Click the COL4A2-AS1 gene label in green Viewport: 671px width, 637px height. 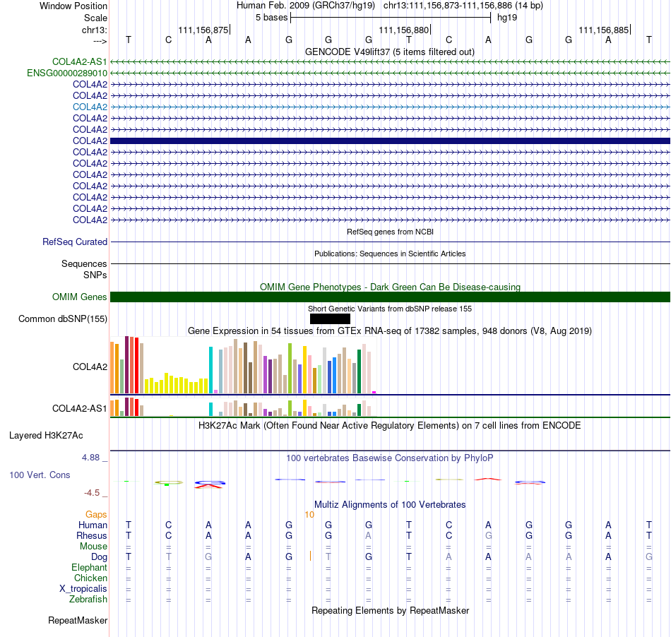(80, 61)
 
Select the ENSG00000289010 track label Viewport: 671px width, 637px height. (67, 73)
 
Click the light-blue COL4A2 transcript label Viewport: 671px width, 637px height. (90, 107)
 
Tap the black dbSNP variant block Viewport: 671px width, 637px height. (330, 318)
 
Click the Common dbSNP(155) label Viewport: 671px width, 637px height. (63, 318)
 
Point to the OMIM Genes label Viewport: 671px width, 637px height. (80, 297)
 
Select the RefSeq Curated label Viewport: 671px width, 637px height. (75, 242)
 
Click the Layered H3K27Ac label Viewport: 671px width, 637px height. (46, 436)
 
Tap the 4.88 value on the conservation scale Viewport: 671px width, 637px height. (90, 458)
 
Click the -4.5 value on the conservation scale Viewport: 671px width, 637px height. (92, 493)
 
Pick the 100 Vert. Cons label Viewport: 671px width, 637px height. (40, 475)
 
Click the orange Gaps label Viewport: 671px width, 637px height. (96, 514)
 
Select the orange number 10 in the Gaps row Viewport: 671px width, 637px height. (309, 515)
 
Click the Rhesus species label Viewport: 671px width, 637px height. (92, 535)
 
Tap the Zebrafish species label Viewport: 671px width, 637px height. (88, 600)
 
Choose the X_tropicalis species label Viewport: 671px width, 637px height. (83, 589)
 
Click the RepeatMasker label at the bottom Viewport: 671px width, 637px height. (78, 620)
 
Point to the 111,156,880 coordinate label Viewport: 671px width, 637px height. (403, 30)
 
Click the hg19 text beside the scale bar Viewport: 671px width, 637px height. (507, 18)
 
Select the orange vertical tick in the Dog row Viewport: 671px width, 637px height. (310, 556)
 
